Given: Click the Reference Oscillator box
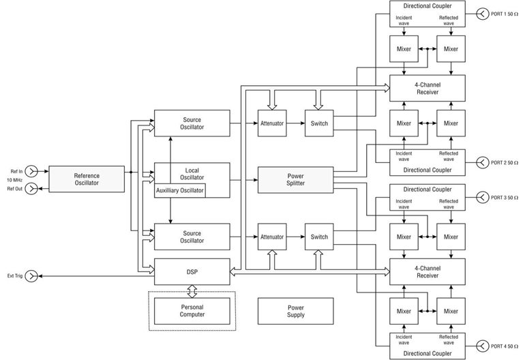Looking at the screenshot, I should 87,179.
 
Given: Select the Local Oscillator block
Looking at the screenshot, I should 192,172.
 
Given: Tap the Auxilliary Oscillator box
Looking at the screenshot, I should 180,190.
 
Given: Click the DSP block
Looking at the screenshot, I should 192,271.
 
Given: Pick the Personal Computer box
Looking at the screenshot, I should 192,311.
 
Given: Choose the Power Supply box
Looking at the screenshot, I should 296,311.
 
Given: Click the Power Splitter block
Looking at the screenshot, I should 296,179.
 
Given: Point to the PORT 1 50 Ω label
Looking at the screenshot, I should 505,13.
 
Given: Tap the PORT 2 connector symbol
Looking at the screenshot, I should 483,162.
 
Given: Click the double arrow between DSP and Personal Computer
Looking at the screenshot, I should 192,291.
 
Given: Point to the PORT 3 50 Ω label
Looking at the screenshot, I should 505,197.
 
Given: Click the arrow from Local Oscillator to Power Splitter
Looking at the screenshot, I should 243,180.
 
